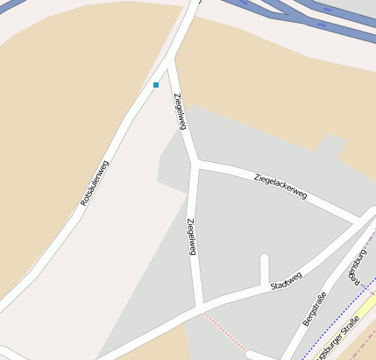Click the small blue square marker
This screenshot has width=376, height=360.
(x=156, y=85)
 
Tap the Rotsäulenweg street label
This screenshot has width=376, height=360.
(x=95, y=183)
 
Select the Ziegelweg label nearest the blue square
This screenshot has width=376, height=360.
(x=180, y=111)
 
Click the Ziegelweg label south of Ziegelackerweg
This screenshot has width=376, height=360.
(x=192, y=236)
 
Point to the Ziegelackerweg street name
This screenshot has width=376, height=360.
(x=280, y=186)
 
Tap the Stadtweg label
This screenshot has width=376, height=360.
(x=287, y=280)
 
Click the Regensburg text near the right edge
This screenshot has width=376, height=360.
(x=357, y=267)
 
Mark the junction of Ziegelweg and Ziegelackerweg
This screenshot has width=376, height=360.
(x=195, y=164)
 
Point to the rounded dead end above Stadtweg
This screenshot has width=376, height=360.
(x=265, y=258)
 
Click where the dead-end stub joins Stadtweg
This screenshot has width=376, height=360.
(x=265, y=286)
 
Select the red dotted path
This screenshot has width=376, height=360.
(x=223, y=328)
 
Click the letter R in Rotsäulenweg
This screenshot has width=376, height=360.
(x=83, y=203)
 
